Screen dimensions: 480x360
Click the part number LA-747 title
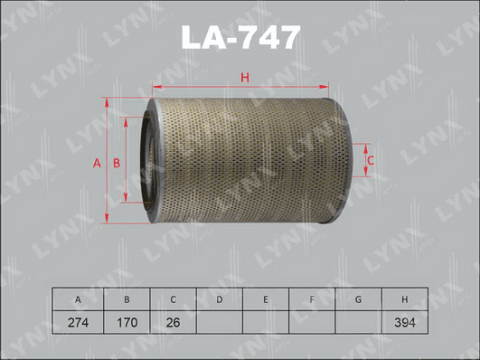coord(240,37)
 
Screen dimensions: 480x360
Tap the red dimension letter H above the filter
coord(245,78)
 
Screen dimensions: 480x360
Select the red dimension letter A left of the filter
coord(97,164)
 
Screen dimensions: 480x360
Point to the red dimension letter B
coord(117,164)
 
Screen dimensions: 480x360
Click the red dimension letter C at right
coord(371,160)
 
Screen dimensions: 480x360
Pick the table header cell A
coord(78,299)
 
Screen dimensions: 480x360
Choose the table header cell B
coord(127,299)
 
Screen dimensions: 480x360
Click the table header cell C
coord(173,299)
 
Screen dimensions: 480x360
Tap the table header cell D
coord(219,299)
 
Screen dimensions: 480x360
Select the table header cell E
coord(266,299)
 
